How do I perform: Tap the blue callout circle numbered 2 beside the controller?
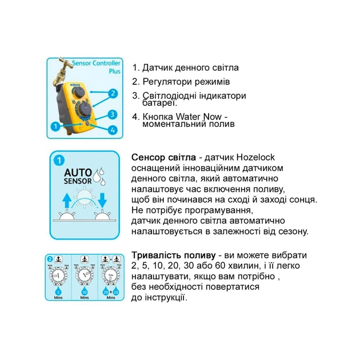pos(113,93)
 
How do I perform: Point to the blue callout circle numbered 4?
pos(113,130)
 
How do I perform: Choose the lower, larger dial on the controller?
pos(84,110)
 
